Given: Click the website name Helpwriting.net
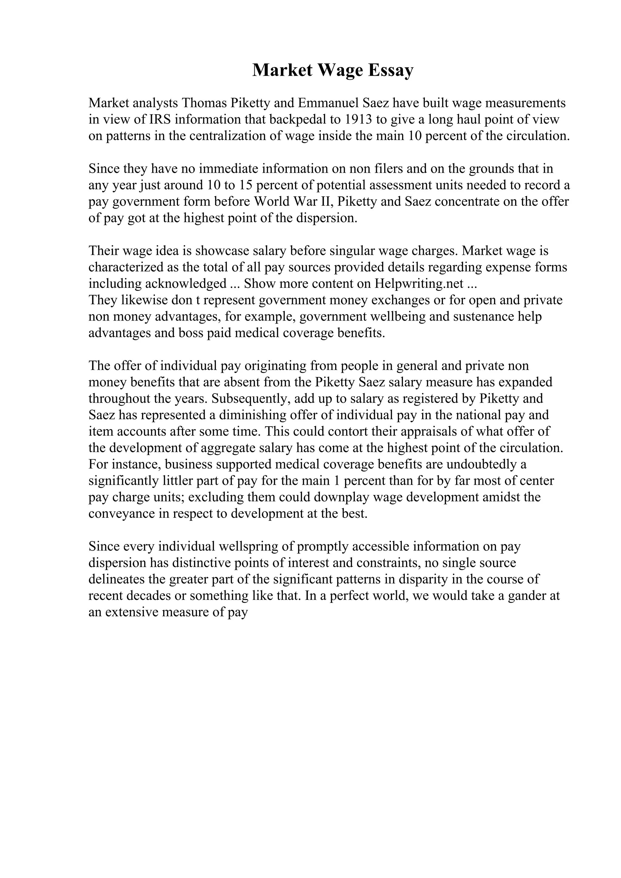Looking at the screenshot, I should (419, 284).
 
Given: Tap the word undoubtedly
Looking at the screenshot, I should (481, 465).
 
